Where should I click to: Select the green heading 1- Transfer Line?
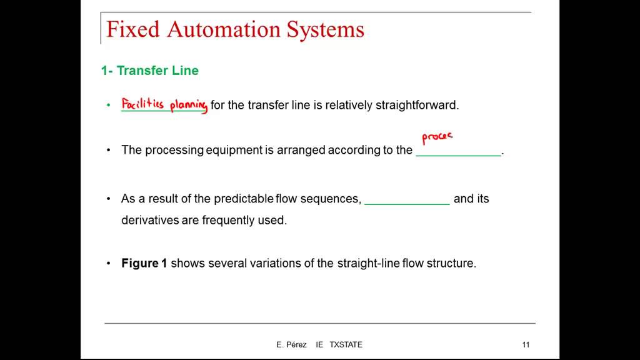[x=150, y=71]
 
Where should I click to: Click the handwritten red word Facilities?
[x=142, y=104]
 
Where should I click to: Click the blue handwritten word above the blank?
[x=437, y=137]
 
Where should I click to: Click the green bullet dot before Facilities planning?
[x=108, y=105]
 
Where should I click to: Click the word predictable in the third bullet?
[x=244, y=199]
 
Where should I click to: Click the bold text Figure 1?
[x=144, y=263]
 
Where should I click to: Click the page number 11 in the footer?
[x=526, y=344]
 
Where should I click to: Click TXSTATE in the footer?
[x=346, y=344]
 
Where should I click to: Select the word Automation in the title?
[x=224, y=30]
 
